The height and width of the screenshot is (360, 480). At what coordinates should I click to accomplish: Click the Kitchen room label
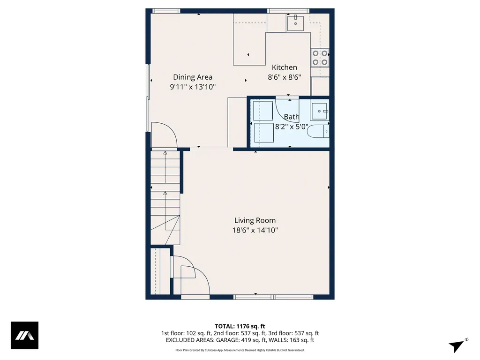click(285, 67)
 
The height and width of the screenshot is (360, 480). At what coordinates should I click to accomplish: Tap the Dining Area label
click(193, 77)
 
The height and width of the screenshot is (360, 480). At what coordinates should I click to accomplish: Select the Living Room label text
click(255, 220)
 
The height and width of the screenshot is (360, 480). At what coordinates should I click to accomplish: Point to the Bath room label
click(292, 117)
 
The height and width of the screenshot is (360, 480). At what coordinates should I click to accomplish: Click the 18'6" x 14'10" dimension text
click(255, 230)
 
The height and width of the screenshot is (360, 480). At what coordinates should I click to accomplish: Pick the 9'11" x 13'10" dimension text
click(193, 87)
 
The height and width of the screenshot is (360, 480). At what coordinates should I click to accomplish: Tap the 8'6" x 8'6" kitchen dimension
click(284, 77)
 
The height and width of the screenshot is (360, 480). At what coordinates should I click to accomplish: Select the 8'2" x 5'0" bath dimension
click(291, 126)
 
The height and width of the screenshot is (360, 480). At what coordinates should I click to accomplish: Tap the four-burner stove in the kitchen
click(320, 58)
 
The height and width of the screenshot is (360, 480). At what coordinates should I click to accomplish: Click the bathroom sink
click(321, 111)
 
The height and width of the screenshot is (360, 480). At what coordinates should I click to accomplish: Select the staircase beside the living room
click(165, 197)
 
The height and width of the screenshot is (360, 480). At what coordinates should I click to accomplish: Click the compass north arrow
click(457, 345)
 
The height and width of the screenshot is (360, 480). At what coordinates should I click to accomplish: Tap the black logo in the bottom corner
click(24, 336)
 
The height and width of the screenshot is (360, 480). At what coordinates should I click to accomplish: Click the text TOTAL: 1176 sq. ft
click(240, 326)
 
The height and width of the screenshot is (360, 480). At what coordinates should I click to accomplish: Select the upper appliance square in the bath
click(263, 111)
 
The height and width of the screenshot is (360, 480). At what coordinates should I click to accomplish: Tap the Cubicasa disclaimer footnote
click(240, 350)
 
